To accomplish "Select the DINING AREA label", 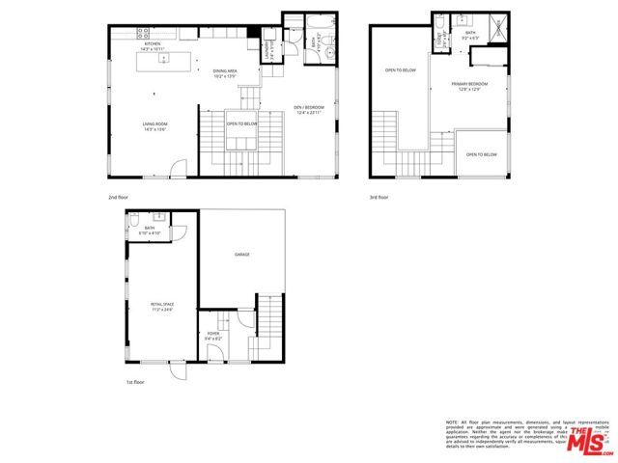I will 225,70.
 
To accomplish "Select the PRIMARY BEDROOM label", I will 470,85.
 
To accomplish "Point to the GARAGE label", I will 241,254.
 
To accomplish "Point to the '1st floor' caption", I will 134,383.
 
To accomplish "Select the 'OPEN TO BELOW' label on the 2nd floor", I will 241,123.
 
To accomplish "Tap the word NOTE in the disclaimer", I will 451,422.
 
